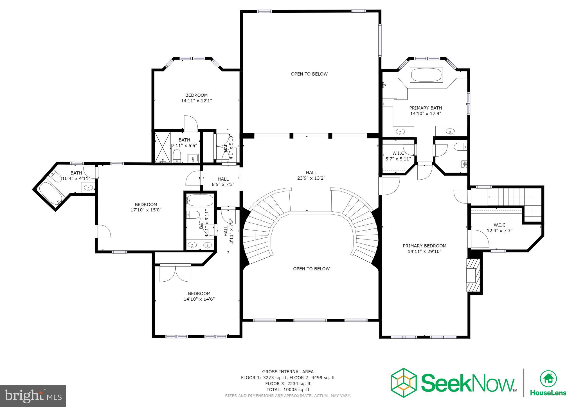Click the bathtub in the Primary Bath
pyautogui.click(x=427, y=75)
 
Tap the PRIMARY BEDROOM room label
pyautogui.click(x=424, y=246)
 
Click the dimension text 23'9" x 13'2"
pyautogui.click(x=311, y=178)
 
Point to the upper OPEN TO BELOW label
pyautogui.click(x=309, y=74)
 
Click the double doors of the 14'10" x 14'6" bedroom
pyautogui.click(x=175, y=273)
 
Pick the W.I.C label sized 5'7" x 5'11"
pyautogui.click(x=398, y=153)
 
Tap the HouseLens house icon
pyautogui.click(x=548, y=379)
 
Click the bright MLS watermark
pyautogui.click(x=33, y=396)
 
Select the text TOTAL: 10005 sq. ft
pyautogui.click(x=288, y=390)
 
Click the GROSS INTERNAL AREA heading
pyautogui.click(x=288, y=372)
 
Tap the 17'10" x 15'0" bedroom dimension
pyautogui.click(x=146, y=210)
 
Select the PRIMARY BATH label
pyautogui.click(x=425, y=108)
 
